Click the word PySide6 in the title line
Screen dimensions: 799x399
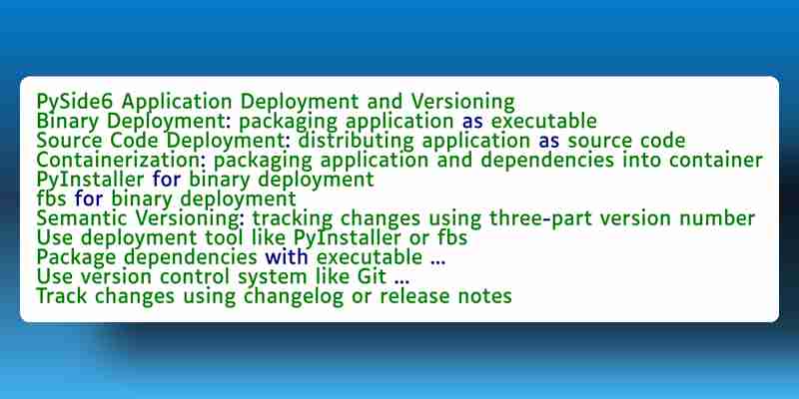(x=76, y=103)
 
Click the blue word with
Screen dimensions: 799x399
(x=287, y=257)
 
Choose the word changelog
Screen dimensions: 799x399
(x=294, y=296)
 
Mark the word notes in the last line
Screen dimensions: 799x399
(x=485, y=295)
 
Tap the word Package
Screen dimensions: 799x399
(x=77, y=257)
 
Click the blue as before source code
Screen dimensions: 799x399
(x=548, y=142)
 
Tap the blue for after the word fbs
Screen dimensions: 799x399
(x=89, y=199)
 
